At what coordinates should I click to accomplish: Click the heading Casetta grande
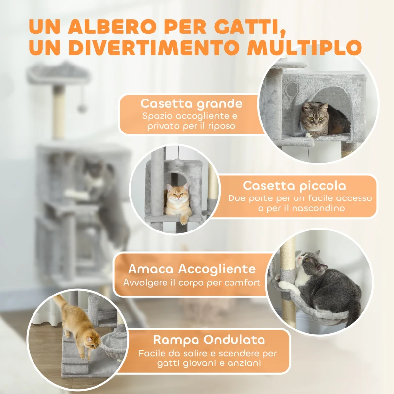coord(192,104)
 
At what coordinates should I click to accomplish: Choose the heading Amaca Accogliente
coord(192,269)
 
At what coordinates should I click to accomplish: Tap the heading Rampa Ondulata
coord(209,340)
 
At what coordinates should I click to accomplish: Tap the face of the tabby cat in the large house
coord(313,114)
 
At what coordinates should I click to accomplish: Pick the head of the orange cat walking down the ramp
coord(91,340)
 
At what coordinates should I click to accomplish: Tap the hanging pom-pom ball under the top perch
coord(82,108)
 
